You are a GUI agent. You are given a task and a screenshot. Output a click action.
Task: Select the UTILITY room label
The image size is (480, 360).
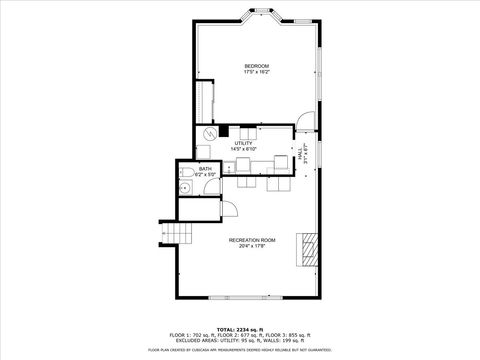244,143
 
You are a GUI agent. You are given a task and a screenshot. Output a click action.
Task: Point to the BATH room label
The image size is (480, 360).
205,169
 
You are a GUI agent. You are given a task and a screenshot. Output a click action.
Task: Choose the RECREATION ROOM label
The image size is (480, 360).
252,239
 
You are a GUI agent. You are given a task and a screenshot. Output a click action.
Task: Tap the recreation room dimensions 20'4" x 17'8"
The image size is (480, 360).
252,246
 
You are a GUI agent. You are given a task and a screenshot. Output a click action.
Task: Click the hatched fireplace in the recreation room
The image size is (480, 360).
311,247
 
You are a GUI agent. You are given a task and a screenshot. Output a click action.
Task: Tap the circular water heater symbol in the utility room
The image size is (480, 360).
210,132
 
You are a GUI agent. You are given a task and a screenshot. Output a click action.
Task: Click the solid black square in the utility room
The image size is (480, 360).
225,130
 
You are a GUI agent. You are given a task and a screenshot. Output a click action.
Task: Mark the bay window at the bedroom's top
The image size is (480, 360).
265,16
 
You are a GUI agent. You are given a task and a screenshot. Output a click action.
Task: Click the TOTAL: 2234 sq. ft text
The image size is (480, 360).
240,328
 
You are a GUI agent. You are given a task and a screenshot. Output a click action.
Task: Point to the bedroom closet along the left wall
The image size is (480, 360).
208,103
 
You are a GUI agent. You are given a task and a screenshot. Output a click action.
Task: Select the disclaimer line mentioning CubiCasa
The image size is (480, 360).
240,350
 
